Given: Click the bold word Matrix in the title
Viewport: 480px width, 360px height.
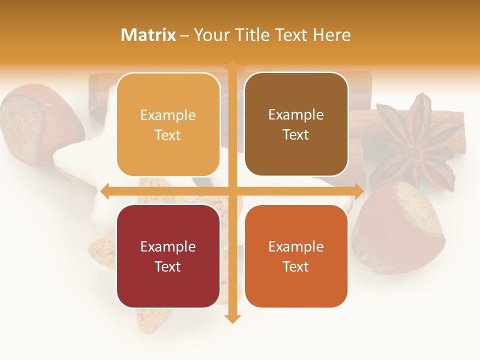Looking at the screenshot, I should point(148,35).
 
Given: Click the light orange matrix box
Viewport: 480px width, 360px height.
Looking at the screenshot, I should point(168,124).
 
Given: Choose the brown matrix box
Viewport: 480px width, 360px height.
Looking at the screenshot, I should point(296,124).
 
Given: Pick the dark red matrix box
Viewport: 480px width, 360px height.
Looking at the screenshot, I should point(168,256).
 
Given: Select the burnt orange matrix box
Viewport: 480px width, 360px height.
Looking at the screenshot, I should point(296,256).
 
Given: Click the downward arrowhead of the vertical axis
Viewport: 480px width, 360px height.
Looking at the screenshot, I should point(232,318).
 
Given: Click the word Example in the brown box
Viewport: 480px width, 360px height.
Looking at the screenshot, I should point(296,114).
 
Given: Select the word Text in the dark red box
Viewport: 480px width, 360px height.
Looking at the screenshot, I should point(168,266).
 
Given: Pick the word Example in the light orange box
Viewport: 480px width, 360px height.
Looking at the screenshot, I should point(168,115).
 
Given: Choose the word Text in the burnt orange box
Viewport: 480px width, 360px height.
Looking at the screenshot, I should point(296,266).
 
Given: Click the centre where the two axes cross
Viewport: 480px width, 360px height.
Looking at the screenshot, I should point(232,191).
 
